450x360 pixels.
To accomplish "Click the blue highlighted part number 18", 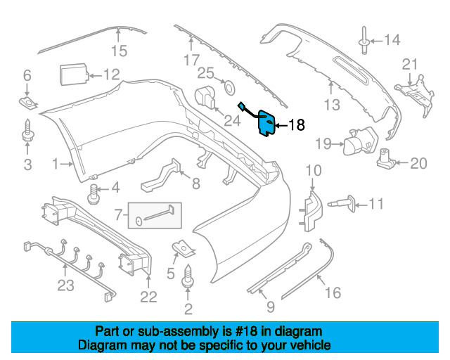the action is pyautogui.click(x=266, y=123).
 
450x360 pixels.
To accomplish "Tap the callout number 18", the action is pyautogui.click(x=296, y=125).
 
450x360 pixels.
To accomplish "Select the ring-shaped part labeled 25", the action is pyautogui.click(x=229, y=87).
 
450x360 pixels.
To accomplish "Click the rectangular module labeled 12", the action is pyautogui.click(x=73, y=75).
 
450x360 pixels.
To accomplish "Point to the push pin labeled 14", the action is pyautogui.click(x=364, y=40).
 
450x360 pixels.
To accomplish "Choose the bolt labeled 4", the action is pyautogui.click(x=93, y=194).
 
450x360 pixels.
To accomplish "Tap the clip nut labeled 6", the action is pyautogui.click(x=28, y=103).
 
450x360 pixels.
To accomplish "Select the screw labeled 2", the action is pyautogui.click(x=188, y=276).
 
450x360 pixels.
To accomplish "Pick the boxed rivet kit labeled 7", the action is pyautogui.click(x=155, y=216).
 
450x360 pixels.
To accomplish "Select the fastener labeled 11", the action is pyautogui.click(x=342, y=204).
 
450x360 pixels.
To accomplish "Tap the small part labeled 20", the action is pyautogui.click(x=386, y=159).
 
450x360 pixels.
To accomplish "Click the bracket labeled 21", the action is pyautogui.click(x=415, y=94).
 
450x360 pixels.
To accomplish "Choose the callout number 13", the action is pyautogui.click(x=332, y=105).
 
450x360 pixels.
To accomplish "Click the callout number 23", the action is pyautogui.click(x=65, y=285).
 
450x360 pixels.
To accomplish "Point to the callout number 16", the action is pyautogui.click(x=333, y=292).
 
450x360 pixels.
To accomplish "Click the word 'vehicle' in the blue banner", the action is pyautogui.click(x=311, y=345).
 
